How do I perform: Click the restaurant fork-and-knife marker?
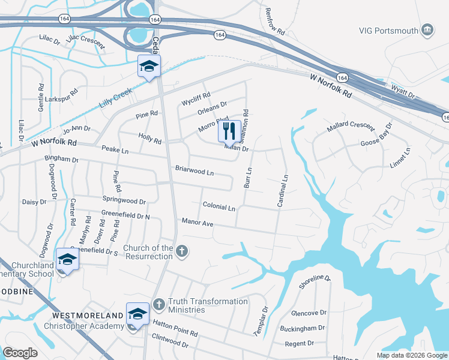pyautogui.click(x=229, y=131)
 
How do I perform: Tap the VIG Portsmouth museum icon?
pyautogui.click(x=427, y=30)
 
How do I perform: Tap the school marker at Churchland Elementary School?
pyautogui.click(x=67, y=260)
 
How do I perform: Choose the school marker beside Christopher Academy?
pyautogui.click(x=137, y=314)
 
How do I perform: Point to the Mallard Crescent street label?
pyautogui.click(x=350, y=129)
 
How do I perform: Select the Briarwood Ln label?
pyautogui.click(x=194, y=171)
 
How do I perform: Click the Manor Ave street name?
pyautogui.click(x=197, y=223)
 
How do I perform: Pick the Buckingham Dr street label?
pyautogui.click(x=303, y=328)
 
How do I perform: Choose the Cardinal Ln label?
pyautogui.click(x=282, y=191)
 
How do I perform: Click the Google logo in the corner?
pyautogui.click(x=20, y=353)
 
